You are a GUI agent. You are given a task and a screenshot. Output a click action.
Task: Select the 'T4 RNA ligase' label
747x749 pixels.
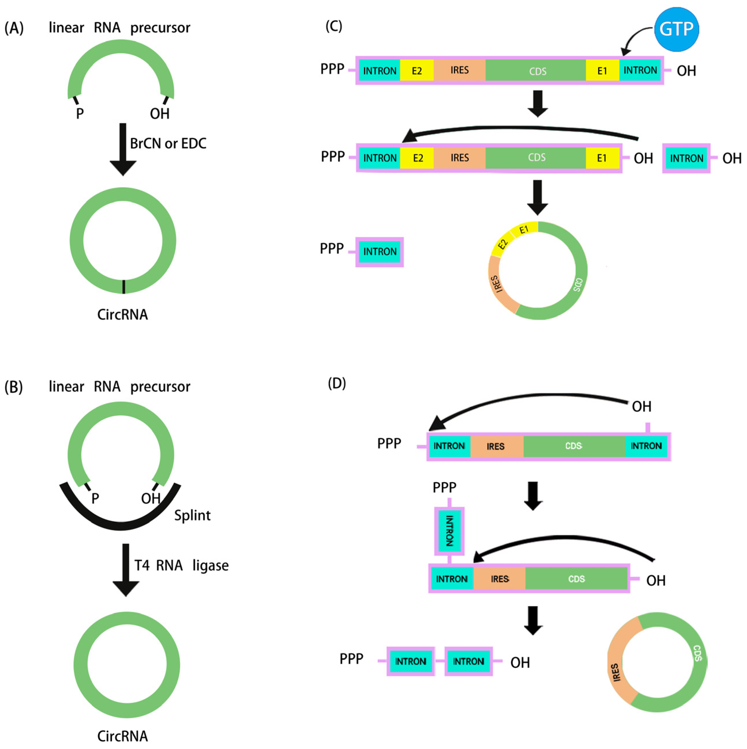[x=181, y=566]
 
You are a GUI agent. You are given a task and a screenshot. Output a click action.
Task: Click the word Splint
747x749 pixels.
[x=192, y=516]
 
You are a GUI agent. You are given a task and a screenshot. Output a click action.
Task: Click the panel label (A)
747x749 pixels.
[x=14, y=28]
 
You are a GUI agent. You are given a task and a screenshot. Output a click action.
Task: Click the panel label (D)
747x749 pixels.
[x=336, y=383]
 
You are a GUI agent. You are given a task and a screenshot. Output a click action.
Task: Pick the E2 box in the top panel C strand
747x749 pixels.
[x=416, y=71]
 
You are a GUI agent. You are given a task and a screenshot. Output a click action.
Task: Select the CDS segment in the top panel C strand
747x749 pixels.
[x=537, y=71]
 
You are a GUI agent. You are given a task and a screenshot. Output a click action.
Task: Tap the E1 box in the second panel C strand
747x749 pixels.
[x=601, y=158]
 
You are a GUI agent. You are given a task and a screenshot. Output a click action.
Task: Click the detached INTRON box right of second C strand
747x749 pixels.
[x=686, y=158]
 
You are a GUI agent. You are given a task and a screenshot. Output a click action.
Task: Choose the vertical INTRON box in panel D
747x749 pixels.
[x=449, y=531]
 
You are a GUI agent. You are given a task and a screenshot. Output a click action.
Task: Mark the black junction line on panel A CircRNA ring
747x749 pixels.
[x=124, y=287]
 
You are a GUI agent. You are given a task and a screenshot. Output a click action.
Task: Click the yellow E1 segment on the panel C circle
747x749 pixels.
[x=524, y=230]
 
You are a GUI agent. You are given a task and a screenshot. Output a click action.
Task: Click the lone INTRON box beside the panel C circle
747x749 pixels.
[x=379, y=252]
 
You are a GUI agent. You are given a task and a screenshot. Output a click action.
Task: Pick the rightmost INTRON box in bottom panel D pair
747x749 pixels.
[x=468, y=661]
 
